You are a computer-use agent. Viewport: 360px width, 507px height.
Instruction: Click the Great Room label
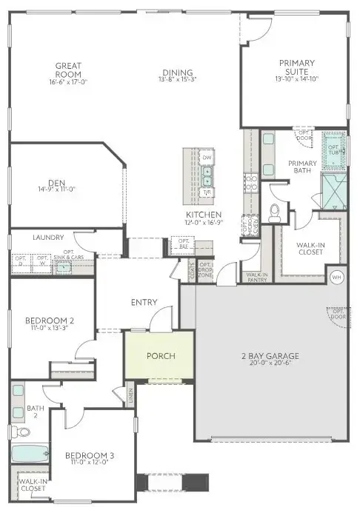(x=67, y=70)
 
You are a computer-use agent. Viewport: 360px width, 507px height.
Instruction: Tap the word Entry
(x=144, y=302)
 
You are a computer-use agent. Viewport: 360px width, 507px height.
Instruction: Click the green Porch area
(x=160, y=356)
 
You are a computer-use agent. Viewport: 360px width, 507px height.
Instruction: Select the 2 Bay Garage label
(x=264, y=356)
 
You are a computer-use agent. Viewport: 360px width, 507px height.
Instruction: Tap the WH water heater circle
(x=337, y=277)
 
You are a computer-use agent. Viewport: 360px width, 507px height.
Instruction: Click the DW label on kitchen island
(x=207, y=158)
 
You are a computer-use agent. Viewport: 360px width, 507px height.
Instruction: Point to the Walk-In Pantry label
(x=256, y=277)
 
